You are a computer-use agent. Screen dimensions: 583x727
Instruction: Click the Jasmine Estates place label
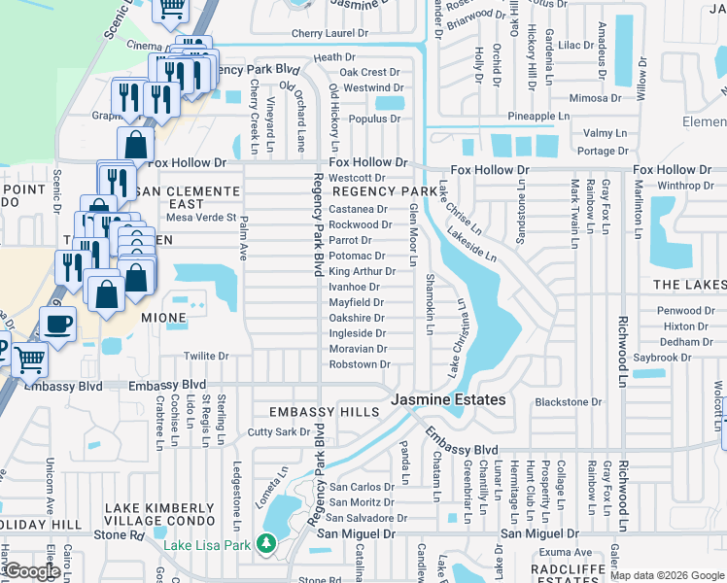pos(448,399)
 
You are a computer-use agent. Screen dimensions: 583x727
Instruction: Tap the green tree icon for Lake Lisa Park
pos(267,545)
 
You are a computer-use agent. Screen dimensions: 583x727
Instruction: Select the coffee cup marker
pos(57,325)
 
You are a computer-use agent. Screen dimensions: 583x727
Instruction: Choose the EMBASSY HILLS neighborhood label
pos(324,412)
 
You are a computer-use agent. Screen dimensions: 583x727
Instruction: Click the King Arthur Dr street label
pos(361,271)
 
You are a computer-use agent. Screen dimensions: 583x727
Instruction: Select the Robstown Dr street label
pos(359,364)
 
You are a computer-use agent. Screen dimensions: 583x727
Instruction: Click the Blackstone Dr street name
pos(569,401)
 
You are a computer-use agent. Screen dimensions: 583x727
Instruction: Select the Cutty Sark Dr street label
pos(278,431)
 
